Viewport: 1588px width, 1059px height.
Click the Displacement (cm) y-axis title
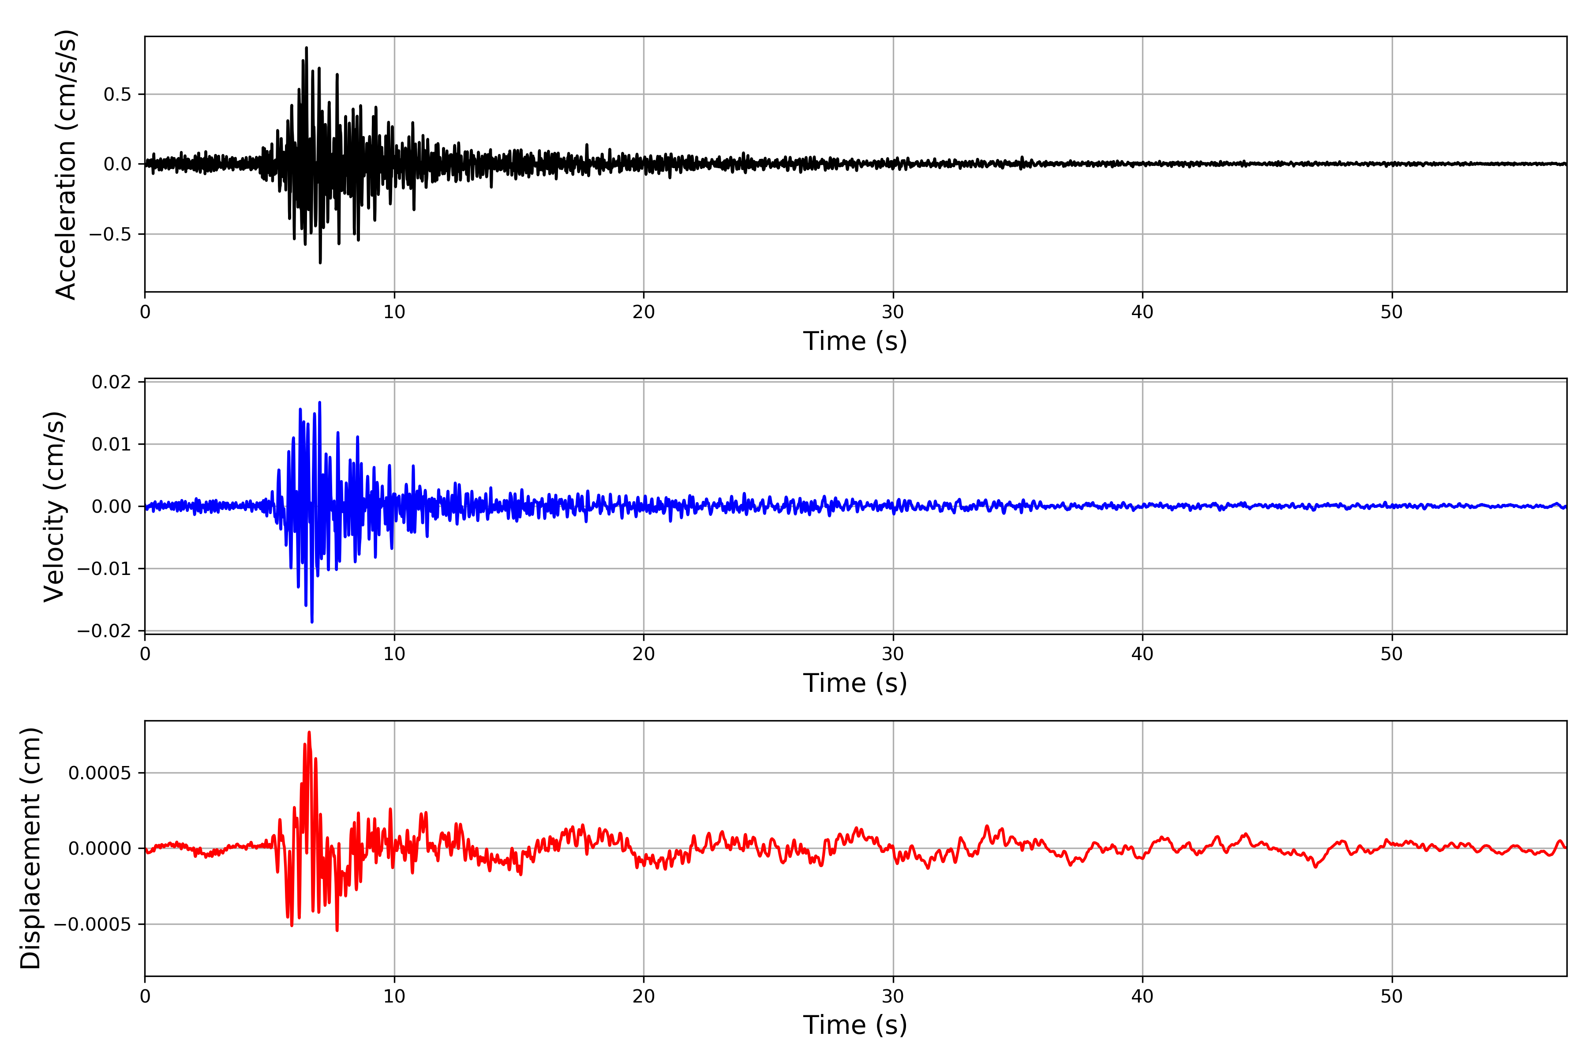(30, 848)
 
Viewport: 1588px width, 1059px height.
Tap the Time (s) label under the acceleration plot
(855, 341)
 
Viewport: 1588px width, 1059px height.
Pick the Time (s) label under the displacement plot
(855, 1025)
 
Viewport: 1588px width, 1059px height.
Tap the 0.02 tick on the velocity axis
(112, 382)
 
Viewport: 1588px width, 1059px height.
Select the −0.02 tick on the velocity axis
(104, 631)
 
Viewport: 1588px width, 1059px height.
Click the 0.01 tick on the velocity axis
(112, 444)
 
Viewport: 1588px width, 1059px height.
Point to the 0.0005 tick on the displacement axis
(100, 773)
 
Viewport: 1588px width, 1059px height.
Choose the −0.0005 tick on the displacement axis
(93, 924)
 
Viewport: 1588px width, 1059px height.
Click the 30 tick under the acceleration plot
(892, 312)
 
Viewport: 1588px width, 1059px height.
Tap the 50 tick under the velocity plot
(1392, 654)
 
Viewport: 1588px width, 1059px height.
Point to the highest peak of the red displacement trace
(309, 732)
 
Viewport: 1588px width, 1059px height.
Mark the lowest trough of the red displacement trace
(337, 931)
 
